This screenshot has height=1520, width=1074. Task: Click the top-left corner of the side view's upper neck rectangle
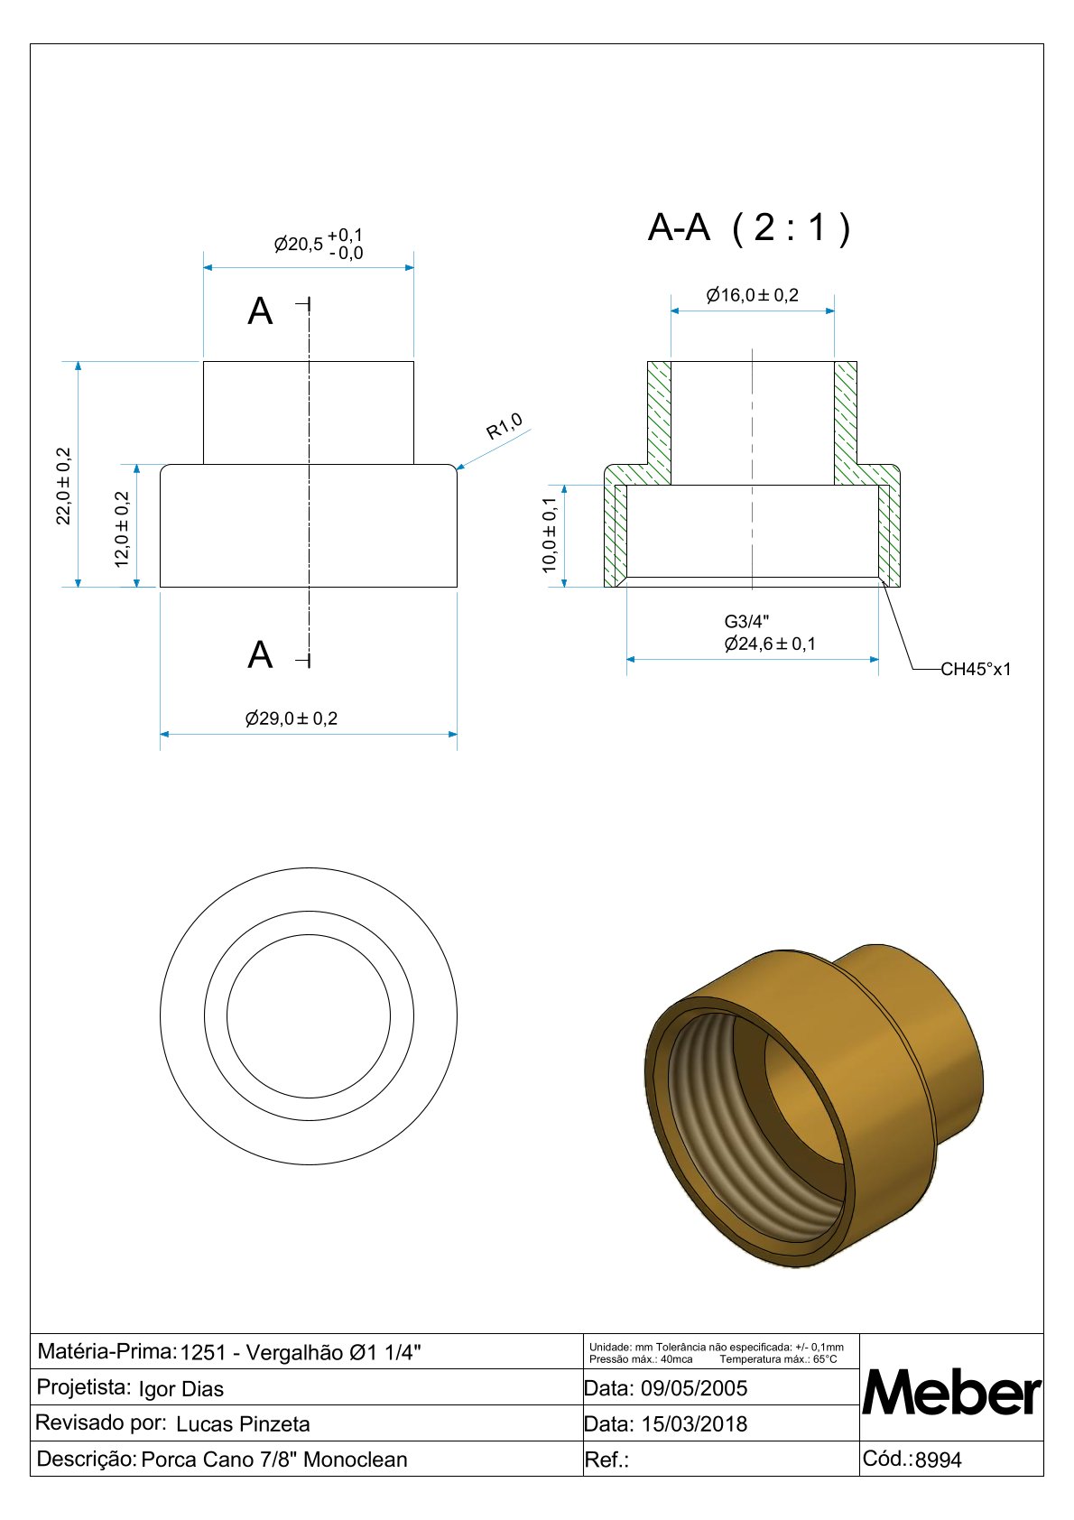pyautogui.click(x=204, y=362)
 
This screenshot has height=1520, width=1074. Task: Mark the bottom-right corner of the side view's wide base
pyautogui.click(x=458, y=587)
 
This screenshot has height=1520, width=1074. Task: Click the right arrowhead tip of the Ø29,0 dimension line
pyautogui.click(x=458, y=734)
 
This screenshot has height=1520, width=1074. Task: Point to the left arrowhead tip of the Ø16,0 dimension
pyautogui.click(x=671, y=311)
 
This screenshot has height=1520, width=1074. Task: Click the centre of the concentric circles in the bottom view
pyautogui.click(x=309, y=1015)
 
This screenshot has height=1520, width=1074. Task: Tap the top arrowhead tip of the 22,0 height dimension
pyautogui.click(x=78, y=362)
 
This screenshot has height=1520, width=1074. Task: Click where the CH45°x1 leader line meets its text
pyautogui.click(x=941, y=670)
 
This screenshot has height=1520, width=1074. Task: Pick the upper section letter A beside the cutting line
pyautogui.click(x=260, y=312)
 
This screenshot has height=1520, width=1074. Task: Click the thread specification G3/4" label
pyautogui.click(x=746, y=622)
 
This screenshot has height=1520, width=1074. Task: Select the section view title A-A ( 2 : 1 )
pyautogui.click(x=749, y=227)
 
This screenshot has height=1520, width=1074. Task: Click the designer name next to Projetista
pyautogui.click(x=181, y=1389)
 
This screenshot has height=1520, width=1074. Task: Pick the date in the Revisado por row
pyautogui.click(x=694, y=1423)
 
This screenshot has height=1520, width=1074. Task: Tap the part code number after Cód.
pyautogui.click(x=939, y=1460)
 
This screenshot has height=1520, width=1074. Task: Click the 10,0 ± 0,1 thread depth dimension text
pyautogui.click(x=549, y=535)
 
